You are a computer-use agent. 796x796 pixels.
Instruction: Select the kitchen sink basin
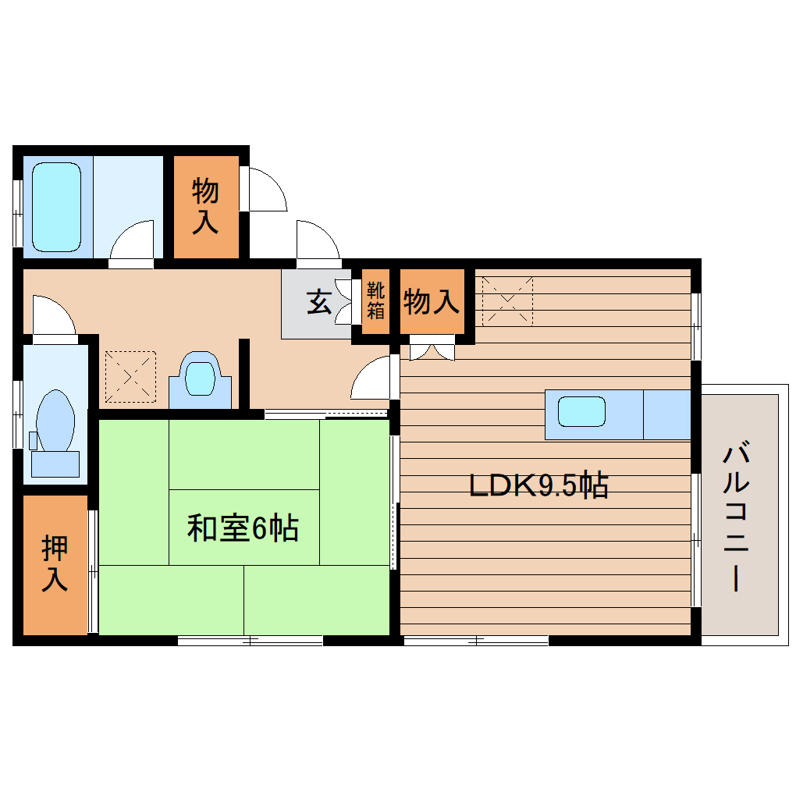[x=581, y=411]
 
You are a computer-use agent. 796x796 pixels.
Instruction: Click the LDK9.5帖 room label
[x=538, y=486]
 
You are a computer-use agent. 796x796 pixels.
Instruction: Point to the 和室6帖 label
[x=243, y=529]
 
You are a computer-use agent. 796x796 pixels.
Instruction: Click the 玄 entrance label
[x=317, y=300]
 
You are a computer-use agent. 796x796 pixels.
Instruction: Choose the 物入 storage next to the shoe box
[x=431, y=301]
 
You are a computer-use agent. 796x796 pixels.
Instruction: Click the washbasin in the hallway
[x=200, y=378]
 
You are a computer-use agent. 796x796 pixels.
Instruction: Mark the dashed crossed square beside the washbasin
[x=130, y=377]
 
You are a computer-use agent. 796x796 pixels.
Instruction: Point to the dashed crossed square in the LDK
[x=507, y=300]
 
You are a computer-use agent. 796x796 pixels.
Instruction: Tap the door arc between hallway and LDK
[x=372, y=378]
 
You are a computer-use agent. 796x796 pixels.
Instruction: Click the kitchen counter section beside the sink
[x=666, y=414]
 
